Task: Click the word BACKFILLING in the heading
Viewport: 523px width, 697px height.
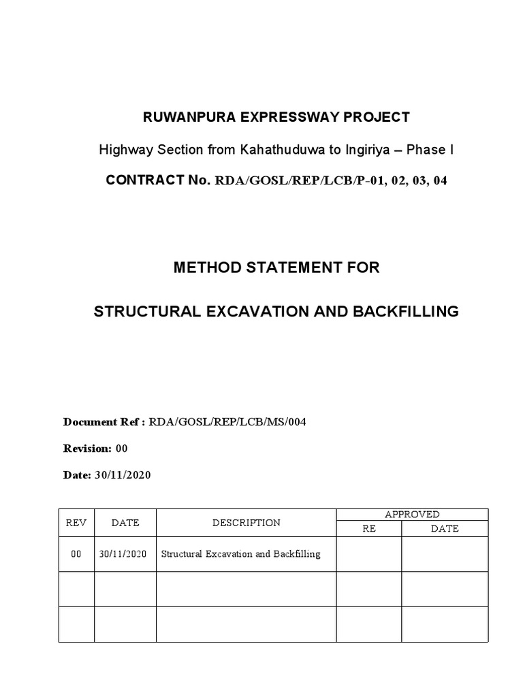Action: coord(405,312)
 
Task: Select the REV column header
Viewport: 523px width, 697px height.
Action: coord(76,523)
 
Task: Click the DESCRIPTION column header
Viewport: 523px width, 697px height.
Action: coord(246,523)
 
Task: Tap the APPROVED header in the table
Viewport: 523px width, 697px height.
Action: coord(412,515)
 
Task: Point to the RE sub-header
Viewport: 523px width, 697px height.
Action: coord(369,528)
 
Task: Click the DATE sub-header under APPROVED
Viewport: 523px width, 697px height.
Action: coord(445,528)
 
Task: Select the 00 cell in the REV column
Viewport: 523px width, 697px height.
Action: coord(76,554)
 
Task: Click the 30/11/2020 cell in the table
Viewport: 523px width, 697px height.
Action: coord(123,554)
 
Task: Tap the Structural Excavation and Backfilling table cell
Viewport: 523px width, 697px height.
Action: coord(240,554)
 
